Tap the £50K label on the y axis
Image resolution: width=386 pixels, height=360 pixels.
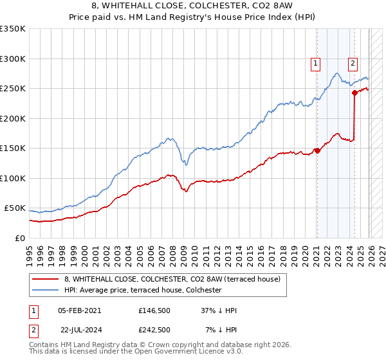coord(14,208)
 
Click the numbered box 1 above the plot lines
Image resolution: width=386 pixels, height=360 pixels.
coord(316,63)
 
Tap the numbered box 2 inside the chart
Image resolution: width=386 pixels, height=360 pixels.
coord(353,63)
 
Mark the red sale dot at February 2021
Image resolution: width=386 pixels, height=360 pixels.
coord(317,151)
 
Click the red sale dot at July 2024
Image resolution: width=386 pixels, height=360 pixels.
coord(354,93)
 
